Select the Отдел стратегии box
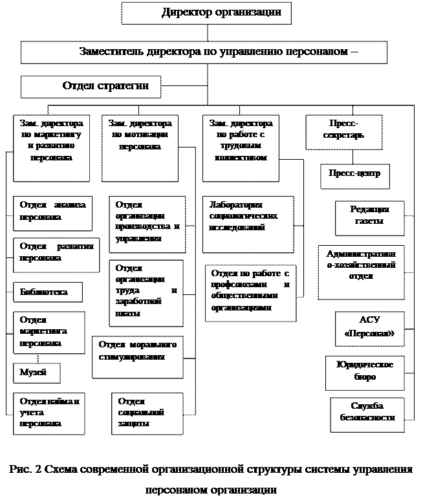click(91, 87)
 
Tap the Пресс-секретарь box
click(343, 131)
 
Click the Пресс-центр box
click(354, 175)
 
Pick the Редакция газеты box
click(369, 218)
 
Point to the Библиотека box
click(49, 292)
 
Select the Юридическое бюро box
click(365, 372)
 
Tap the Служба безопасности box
click(367, 414)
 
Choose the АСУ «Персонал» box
click(369, 329)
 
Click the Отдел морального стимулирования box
click(138, 356)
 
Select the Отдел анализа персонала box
click(53, 212)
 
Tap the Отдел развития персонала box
click(56, 254)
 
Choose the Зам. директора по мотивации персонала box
click(140, 148)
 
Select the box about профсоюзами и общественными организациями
click(250, 292)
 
